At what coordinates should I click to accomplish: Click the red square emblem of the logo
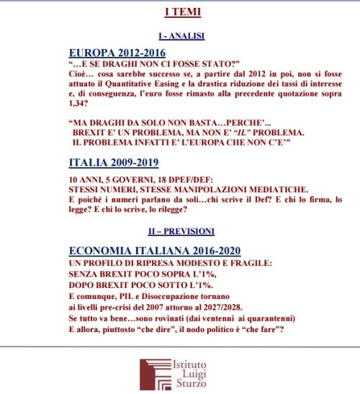149,370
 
